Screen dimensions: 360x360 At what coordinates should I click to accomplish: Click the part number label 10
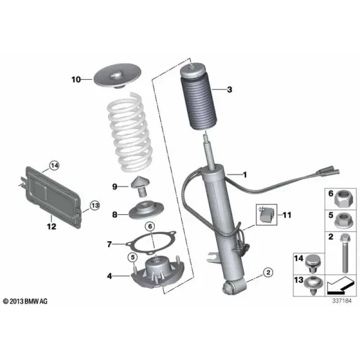(76, 79)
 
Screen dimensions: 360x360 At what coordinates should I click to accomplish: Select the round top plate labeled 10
(118, 76)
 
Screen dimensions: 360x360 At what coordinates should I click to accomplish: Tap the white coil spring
(130, 133)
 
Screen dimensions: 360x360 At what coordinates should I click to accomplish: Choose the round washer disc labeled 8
(146, 211)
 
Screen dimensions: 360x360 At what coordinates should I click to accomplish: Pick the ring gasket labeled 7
(151, 242)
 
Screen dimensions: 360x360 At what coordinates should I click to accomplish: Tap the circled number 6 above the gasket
(150, 227)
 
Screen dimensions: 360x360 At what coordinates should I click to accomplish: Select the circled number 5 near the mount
(133, 257)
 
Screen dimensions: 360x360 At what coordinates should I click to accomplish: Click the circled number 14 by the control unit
(55, 166)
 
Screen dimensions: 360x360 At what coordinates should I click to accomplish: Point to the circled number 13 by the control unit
(95, 205)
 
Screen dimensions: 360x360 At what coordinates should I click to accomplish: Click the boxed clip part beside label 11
(266, 214)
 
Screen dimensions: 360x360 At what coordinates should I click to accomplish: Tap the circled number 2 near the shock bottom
(268, 272)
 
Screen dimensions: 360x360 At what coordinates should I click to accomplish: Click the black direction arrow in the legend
(340, 286)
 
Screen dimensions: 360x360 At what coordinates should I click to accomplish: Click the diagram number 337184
(342, 301)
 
